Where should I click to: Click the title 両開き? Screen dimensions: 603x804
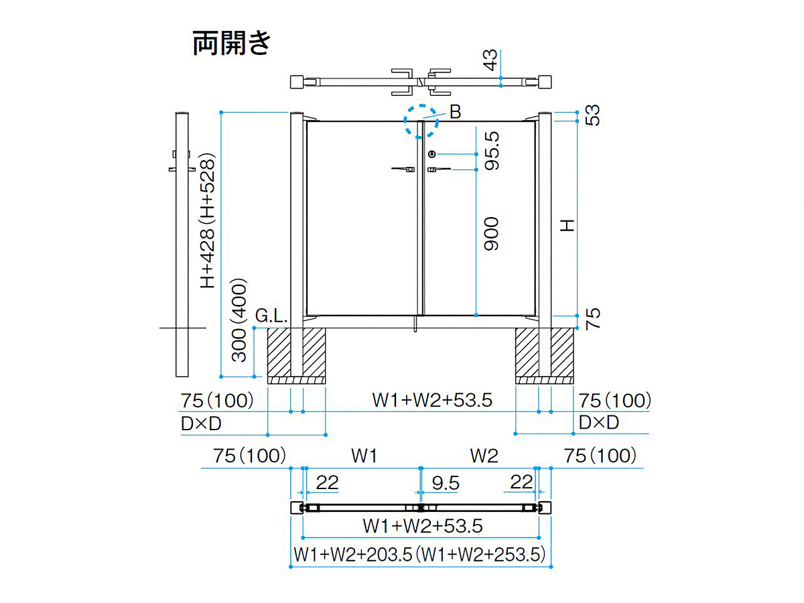(x=232, y=43)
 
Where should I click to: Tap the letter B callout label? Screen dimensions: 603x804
(x=456, y=113)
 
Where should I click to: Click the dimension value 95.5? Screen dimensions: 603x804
(x=492, y=151)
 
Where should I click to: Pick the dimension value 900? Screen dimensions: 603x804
(x=492, y=234)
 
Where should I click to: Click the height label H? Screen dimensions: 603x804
(x=568, y=226)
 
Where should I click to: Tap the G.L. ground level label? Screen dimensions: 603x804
(x=271, y=315)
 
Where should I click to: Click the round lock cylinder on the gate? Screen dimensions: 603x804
(x=431, y=154)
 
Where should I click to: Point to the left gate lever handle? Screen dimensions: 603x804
(x=403, y=170)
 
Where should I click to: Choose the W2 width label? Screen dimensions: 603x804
(x=484, y=456)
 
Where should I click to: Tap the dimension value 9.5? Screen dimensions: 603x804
(x=446, y=482)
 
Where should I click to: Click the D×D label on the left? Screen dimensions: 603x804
(x=201, y=423)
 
